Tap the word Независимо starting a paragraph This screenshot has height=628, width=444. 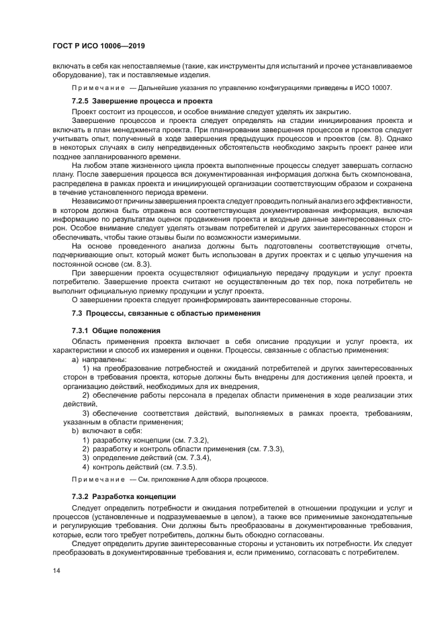click(93, 201)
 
